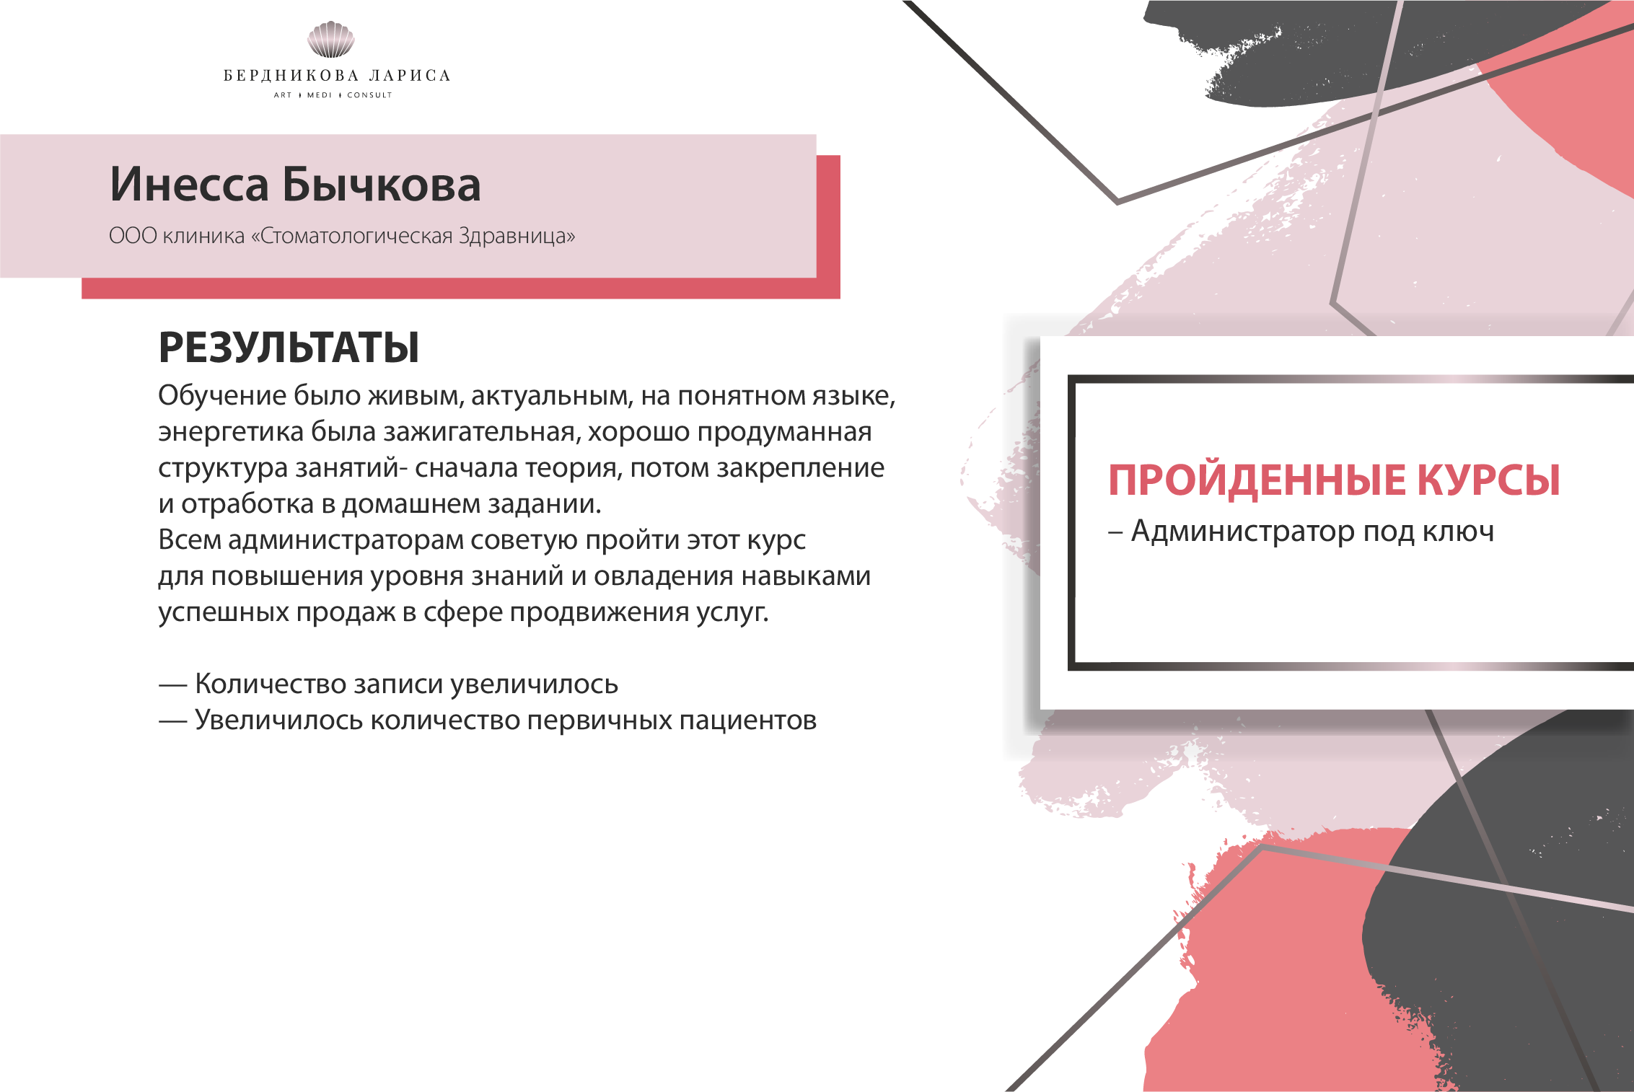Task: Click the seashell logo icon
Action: (330, 39)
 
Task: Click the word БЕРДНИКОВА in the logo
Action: (291, 76)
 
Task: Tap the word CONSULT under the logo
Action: (369, 95)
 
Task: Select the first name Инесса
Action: (189, 185)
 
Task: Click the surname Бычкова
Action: (381, 185)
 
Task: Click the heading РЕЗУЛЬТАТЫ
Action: (289, 348)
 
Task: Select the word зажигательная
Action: (481, 431)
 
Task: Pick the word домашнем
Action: (400, 503)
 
